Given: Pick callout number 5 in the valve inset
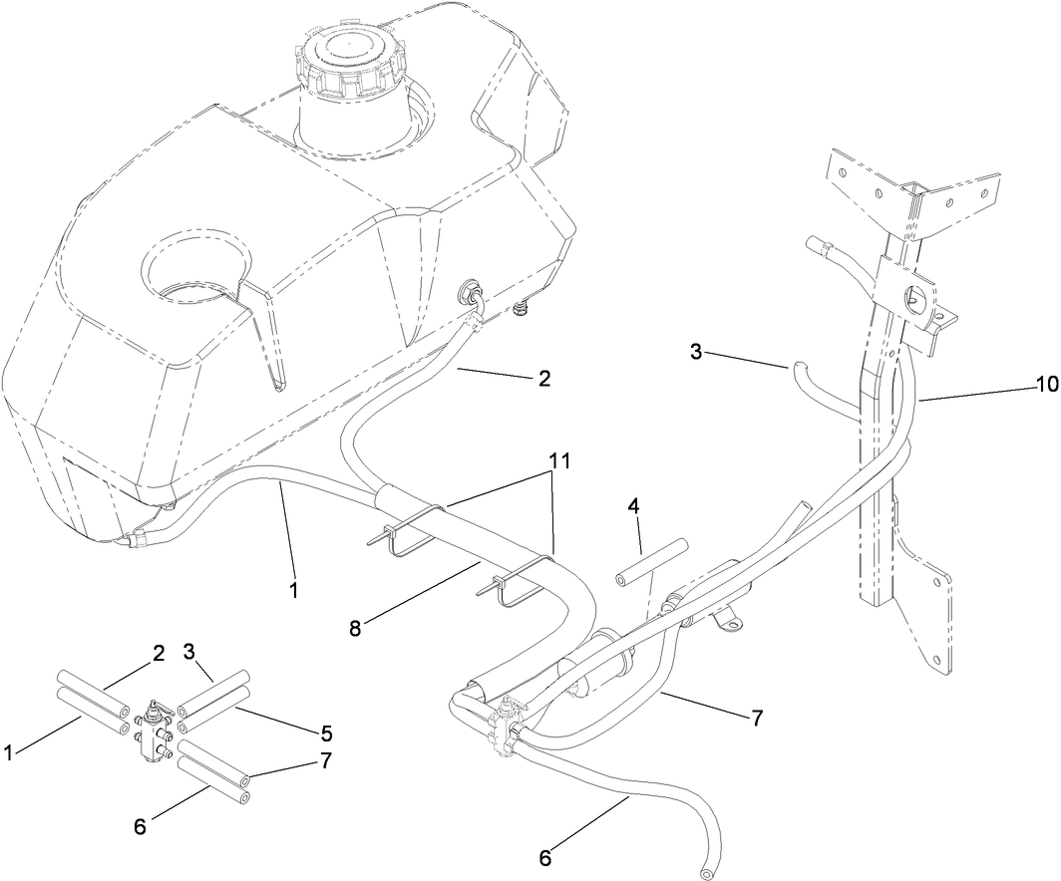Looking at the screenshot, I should pyautogui.click(x=325, y=734).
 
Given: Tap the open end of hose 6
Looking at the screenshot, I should pyautogui.click(x=707, y=873).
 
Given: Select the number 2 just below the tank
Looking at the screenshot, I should pyautogui.click(x=543, y=378).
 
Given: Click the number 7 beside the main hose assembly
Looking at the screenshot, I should pyautogui.click(x=759, y=717).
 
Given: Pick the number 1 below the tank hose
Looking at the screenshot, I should pyautogui.click(x=293, y=590).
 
